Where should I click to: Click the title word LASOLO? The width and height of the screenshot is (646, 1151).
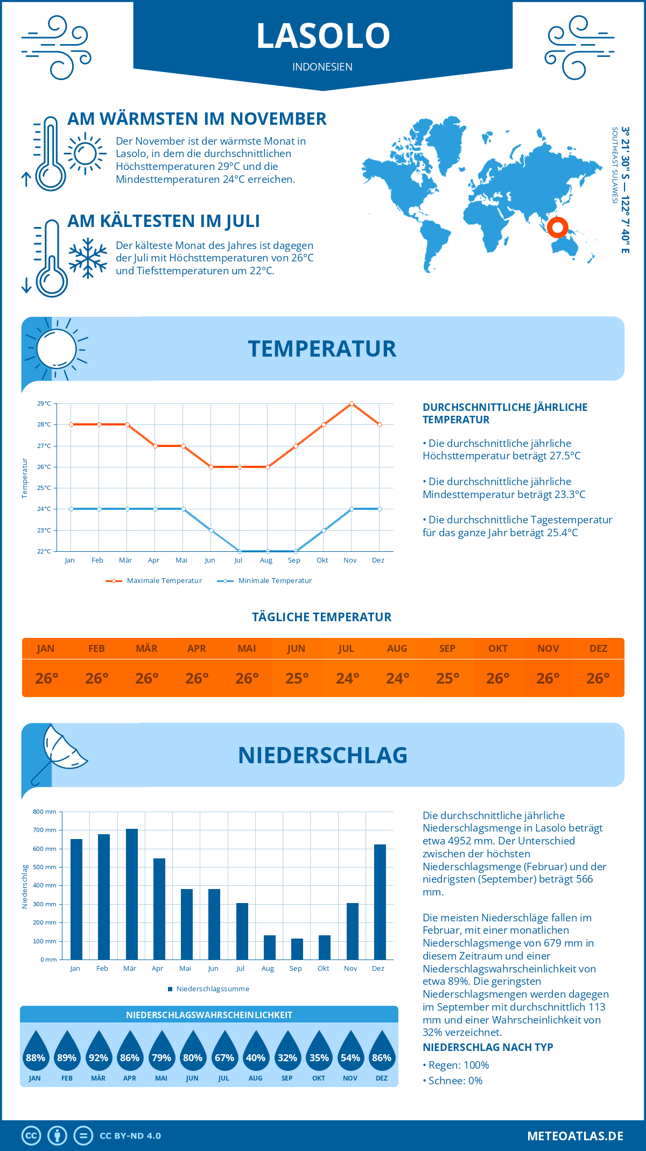point(323,35)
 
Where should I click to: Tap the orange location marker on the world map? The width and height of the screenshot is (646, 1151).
point(557,227)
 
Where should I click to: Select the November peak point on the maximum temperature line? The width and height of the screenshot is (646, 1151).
point(352,403)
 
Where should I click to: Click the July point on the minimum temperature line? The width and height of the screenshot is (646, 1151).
point(240,551)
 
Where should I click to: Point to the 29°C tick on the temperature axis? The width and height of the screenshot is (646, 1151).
point(44,403)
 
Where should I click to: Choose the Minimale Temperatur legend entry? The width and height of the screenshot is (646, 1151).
point(265,581)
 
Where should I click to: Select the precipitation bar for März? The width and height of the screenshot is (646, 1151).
point(131,894)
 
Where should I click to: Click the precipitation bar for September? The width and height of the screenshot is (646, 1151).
point(297,949)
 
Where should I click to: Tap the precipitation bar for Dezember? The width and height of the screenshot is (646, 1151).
point(380,902)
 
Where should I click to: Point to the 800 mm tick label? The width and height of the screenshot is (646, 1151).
point(45,812)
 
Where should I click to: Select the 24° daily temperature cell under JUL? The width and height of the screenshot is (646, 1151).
point(347,678)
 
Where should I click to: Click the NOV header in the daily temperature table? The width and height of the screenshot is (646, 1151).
point(548,649)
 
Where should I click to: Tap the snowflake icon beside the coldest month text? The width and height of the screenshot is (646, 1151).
point(88,258)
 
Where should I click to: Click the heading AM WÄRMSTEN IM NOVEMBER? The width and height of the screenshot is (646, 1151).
point(197,119)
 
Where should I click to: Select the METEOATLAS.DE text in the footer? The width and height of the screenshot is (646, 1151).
point(575,1136)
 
